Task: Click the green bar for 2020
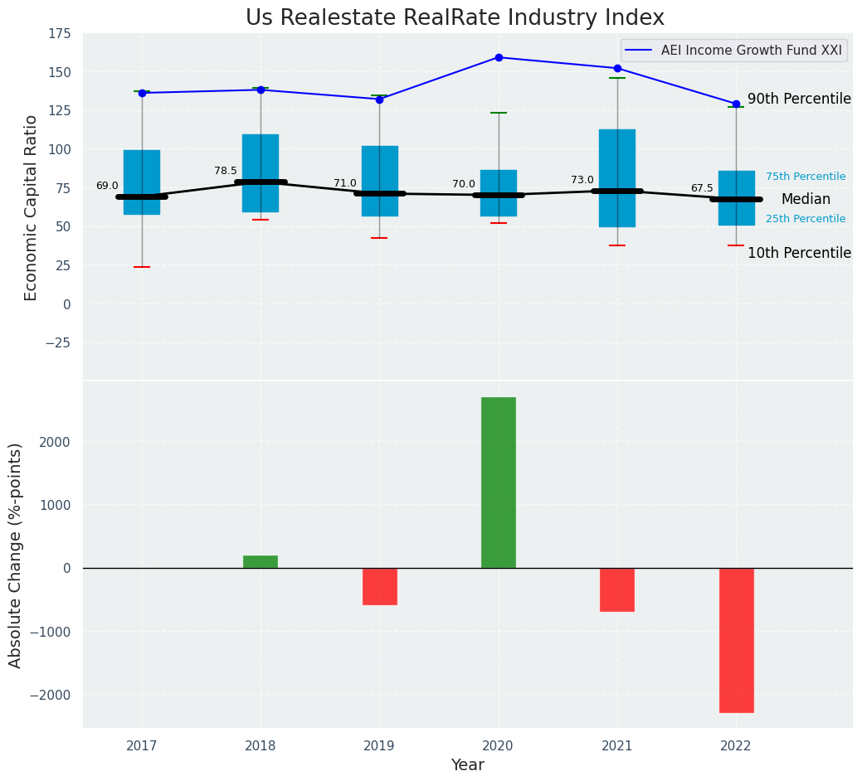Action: pos(498,483)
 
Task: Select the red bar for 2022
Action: pos(736,640)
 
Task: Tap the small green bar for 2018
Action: pos(261,562)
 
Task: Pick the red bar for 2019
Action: pos(379,586)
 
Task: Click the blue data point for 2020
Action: pos(499,57)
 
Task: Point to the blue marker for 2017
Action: pos(142,93)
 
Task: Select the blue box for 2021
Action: pos(617,177)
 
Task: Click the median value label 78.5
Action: pos(226,171)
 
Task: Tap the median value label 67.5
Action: pos(702,188)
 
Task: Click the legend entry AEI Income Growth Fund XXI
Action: pos(751,51)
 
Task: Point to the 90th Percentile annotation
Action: pos(799,99)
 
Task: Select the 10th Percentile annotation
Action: pos(799,253)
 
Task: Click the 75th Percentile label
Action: pos(806,177)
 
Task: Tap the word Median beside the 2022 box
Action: pos(806,200)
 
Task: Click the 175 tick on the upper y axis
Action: pos(60,34)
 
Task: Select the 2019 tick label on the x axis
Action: pos(379,746)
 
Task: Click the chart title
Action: pos(455,18)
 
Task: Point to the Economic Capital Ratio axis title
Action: pos(32,207)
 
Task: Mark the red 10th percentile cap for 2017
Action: pos(142,267)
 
